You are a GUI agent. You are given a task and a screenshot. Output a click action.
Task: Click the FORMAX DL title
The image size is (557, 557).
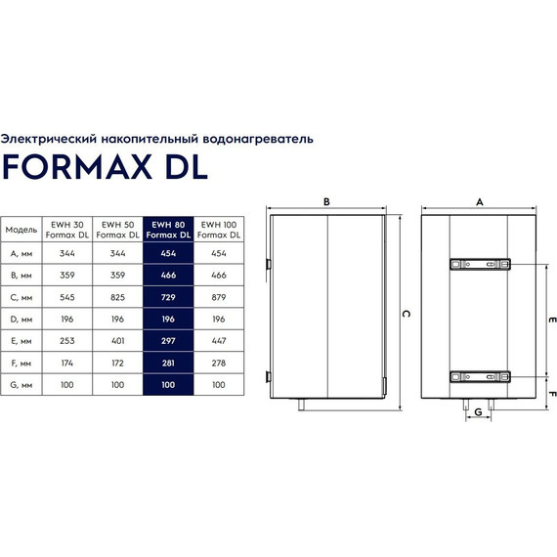coord(105,165)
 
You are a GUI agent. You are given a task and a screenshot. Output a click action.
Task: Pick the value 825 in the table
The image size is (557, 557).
coord(117,294)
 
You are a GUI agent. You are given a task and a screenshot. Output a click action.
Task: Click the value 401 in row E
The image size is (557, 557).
coord(117,340)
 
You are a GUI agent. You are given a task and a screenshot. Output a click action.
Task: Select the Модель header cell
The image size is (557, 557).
coord(21,230)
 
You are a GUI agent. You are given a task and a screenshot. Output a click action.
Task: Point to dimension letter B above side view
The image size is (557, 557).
coord(326,201)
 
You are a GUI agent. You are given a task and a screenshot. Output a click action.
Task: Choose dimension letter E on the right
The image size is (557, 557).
coord(551,320)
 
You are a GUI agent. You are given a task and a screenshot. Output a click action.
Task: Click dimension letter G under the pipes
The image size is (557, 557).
coord(478,413)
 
